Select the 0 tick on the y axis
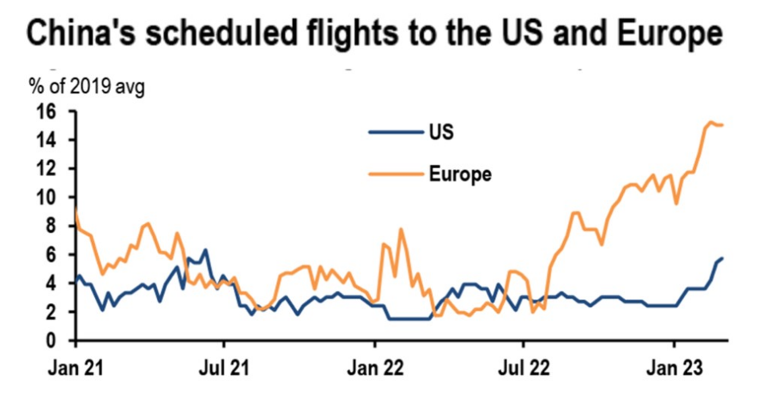coord(65,340)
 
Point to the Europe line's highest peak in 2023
coord(711,122)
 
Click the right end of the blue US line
coord(722,258)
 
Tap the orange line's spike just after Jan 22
coord(400,229)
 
